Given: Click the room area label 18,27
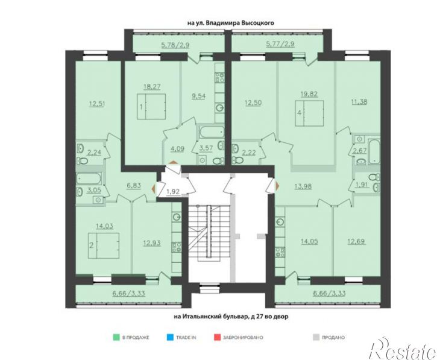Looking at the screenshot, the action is [x=152, y=87].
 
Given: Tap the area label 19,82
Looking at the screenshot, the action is [x=309, y=93].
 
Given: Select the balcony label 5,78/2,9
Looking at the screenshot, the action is [x=175, y=45].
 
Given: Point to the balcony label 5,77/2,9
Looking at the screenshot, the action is [x=280, y=44].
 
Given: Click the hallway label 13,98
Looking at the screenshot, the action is [x=303, y=186].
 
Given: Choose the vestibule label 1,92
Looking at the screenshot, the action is [x=173, y=192].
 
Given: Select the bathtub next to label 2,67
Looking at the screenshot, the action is [x=374, y=152].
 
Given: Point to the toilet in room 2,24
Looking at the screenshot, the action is [x=82, y=160].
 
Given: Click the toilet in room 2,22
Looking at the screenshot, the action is [x=237, y=160].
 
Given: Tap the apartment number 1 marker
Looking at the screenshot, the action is [x=141, y=107].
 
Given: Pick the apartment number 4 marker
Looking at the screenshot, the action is [x=300, y=113].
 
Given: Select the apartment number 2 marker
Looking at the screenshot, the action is [x=91, y=245].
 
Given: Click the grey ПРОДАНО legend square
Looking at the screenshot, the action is [x=316, y=338].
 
